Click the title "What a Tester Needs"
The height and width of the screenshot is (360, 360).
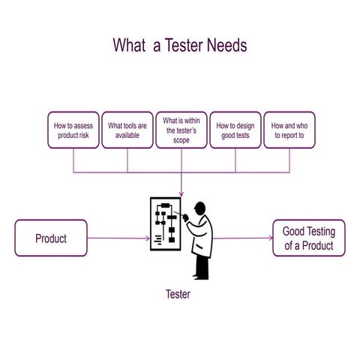click(x=180, y=45)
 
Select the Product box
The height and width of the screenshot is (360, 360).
click(x=51, y=238)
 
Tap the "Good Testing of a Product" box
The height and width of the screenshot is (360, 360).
click(x=308, y=238)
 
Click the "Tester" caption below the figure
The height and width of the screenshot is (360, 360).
click(x=178, y=295)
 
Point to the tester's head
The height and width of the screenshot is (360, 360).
click(x=199, y=208)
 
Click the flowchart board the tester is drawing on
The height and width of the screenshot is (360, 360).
click(x=165, y=223)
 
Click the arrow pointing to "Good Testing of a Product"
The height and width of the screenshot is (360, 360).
click(x=244, y=238)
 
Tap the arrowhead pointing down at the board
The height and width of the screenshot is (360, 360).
click(x=181, y=196)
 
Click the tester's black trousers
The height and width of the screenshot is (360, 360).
click(x=202, y=265)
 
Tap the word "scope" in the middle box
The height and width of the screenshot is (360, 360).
click(x=181, y=140)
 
